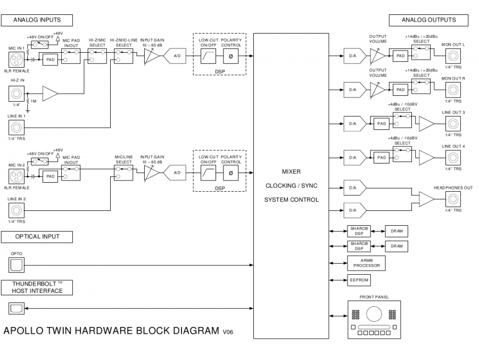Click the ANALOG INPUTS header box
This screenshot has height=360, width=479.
pos(37,20)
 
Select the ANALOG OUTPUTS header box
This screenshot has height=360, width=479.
pos(429,20)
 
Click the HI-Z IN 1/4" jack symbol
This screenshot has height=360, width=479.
pos(15,95)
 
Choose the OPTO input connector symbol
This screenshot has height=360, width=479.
pos(15,264)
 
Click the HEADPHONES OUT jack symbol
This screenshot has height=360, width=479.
pos(453,199)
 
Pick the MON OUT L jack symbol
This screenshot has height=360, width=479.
pos(453,56)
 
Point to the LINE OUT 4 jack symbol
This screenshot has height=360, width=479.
pos(453,158)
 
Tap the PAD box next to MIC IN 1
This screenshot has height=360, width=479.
pos(51,60)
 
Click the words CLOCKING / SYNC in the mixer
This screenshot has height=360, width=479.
pos(291,186)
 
